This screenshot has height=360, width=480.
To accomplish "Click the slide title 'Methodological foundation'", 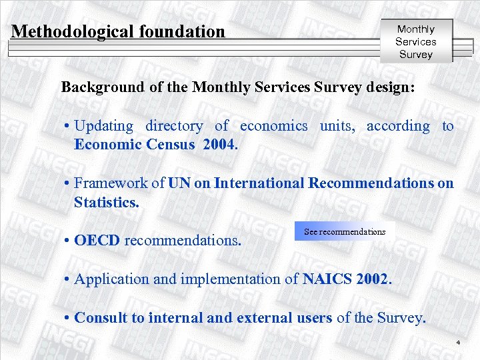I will [x=119, y=31].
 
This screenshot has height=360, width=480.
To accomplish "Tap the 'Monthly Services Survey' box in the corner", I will [x=415, y=41].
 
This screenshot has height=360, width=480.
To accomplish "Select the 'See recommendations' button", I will [x=344, y=232].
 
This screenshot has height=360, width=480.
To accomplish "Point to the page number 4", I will [x=459, y=343].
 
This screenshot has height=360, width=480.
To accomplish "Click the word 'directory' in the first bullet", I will [x=174, y=126].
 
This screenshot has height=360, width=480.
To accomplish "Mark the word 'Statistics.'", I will [x=107, y=202].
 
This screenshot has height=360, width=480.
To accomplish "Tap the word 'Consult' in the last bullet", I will [x=101, y=318].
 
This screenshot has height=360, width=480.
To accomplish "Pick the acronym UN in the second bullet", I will [x=179, y=183].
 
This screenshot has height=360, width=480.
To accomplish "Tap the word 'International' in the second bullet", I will [x=259, y=183].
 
